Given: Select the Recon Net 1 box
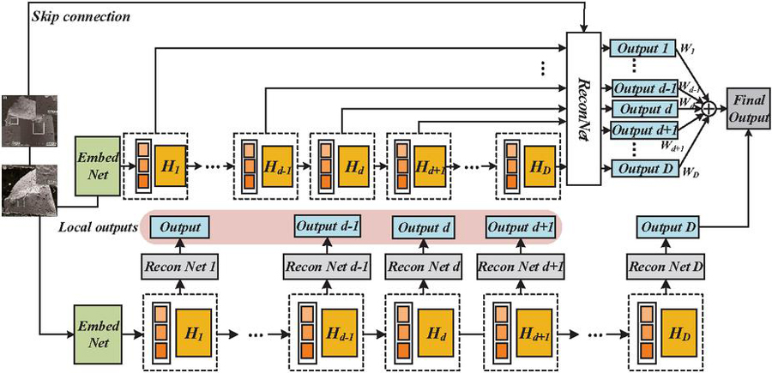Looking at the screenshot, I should click(179, 267).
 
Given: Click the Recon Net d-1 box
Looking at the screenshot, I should click(327, 267).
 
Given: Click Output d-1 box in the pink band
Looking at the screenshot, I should click(327, 226).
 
